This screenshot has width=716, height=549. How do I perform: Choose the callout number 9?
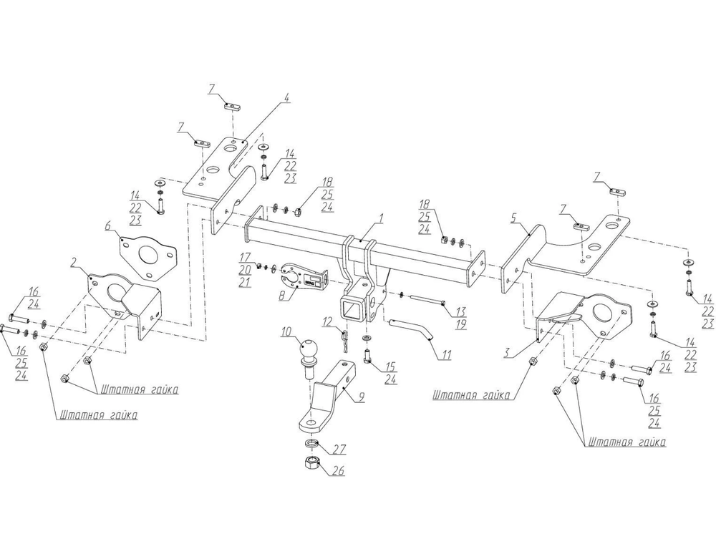(362, 394)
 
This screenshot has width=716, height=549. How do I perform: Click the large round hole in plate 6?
(148, 256)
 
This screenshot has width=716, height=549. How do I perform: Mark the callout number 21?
(245, 282)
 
